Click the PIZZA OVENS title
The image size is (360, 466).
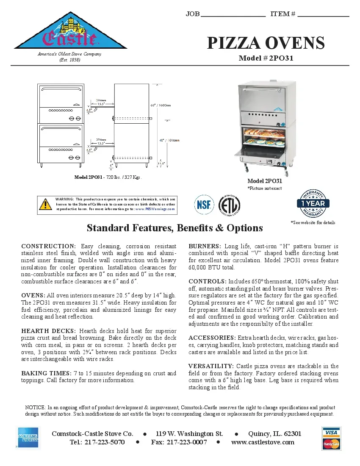[x=266, y=43]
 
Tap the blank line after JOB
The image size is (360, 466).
[x=233, y=16]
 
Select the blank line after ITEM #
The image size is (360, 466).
[x=323, y=16]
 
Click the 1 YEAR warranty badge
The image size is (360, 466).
[x=313, y=203]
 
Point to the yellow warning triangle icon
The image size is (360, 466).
[x=45, y=205]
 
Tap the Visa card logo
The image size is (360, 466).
[x=331, y=432]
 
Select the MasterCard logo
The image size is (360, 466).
[x=331, y=444]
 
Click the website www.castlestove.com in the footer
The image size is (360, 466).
[x=263, y=442]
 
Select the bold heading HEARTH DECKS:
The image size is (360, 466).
[x=49, y=331]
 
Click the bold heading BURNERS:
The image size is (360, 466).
[x=205, y=246]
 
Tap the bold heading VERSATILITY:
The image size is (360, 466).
[x=211, y=366]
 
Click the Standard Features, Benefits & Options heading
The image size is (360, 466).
[x=174, y=228]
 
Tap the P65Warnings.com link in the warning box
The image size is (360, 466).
[x=160, y=209]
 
